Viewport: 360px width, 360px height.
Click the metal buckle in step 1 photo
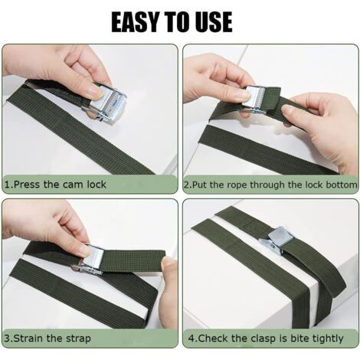(105, 102)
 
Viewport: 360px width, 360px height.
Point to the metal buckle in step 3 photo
(91, 260)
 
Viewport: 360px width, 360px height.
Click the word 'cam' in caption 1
(74, 184)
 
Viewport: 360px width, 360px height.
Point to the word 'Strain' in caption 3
(29, 339)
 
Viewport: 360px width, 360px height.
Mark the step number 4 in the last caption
(191, 339)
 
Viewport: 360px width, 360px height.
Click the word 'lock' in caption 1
(96, 184)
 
